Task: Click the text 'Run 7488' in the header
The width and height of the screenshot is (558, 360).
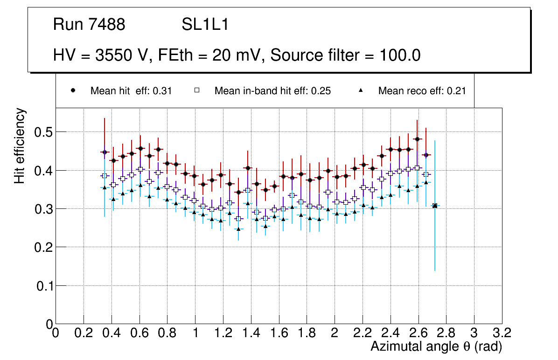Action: pyautogui.click(x=89, y=25)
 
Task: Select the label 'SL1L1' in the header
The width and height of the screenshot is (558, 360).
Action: pyautogui.click(x=205, y=25)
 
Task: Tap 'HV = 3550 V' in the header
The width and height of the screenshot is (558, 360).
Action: pyautogui.click(x=101, y=55)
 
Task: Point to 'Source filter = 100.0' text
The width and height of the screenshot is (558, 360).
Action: pyautogui.click(x=345, y=55)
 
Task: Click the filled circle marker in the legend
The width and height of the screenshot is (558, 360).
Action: pyautogui.click(x=73, y=90)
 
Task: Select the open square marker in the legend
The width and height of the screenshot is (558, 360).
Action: pyautogui.click(x=197, y=90)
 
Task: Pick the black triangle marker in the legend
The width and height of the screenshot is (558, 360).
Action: pyautogui.click(x=363, y=90)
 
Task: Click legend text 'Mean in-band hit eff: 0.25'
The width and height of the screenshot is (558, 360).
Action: pyautogui.click(x=272, y=91)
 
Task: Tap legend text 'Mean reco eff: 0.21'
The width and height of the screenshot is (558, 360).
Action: pyautogui.click(x=422, y=91)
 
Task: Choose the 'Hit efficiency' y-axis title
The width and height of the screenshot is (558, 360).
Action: pyautogui.click(x=20, y=145)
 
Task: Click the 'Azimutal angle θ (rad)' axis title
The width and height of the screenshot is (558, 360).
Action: pyautogui.click(x=436, y=346)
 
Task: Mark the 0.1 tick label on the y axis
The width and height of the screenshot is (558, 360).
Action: pyautogui.click(x=43, y=285)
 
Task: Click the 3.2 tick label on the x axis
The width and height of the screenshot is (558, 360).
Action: pyautogui.click(x=502, y=332)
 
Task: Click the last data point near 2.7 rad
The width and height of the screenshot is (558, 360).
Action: pyautogui.click(x=435, y=206)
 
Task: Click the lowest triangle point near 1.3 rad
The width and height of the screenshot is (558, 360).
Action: pyautogui.click(x=238, y=229)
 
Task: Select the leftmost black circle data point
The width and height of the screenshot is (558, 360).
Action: pyautogui.click(x=105, y=152)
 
